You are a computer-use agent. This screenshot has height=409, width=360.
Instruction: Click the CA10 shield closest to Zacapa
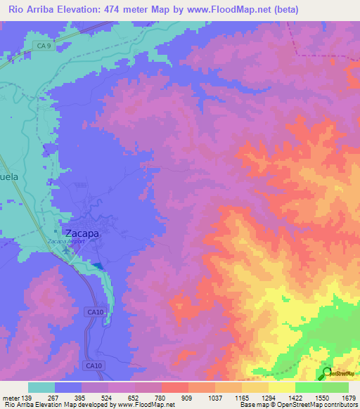(97, 311)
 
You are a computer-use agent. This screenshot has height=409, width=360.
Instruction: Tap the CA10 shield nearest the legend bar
(96, 365)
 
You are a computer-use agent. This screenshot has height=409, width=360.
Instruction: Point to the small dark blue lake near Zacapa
(99, 266)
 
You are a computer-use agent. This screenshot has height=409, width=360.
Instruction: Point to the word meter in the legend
(11, 398)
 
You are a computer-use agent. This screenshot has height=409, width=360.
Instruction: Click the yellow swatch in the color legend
(281, 387)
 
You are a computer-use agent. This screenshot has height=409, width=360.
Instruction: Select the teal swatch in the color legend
(41, 387)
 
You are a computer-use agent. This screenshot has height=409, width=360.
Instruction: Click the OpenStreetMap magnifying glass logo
(327, 372)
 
